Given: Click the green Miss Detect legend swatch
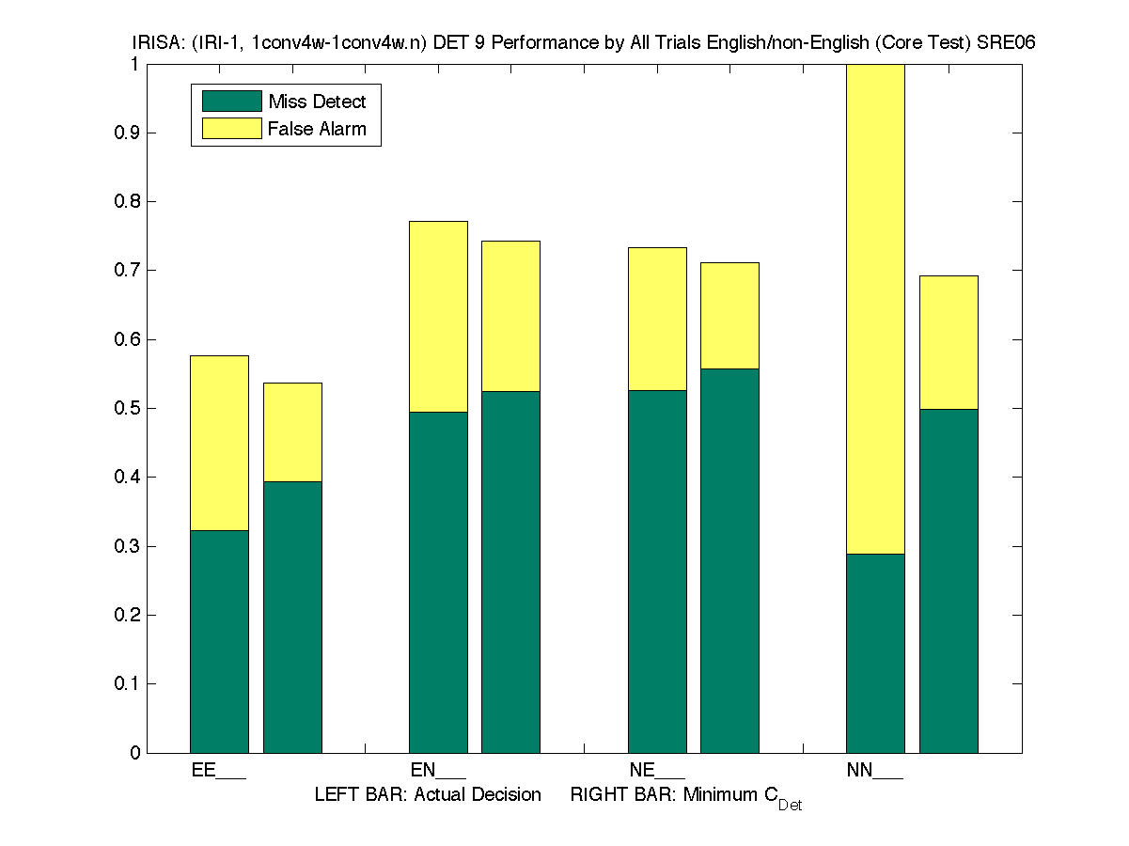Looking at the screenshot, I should click(x=231, y=102).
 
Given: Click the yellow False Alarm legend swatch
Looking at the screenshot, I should click(x=231, y=129).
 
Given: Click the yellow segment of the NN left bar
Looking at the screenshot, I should click(x=875, y=310).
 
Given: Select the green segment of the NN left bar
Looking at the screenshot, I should click(x=875, y=653).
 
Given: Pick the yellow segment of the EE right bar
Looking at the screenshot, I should click(x=292, y=432).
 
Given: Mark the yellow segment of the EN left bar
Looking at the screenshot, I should click(x=438, y=317).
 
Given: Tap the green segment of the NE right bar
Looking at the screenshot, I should click(x=729, y=560).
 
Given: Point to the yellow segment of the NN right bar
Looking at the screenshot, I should click(x=949, y=342).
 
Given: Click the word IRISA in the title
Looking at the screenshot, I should click(x=153, y=43).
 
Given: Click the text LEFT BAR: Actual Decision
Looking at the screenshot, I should click(x=428, y=795).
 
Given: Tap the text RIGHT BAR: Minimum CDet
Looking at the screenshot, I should click(x=685, y=797).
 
